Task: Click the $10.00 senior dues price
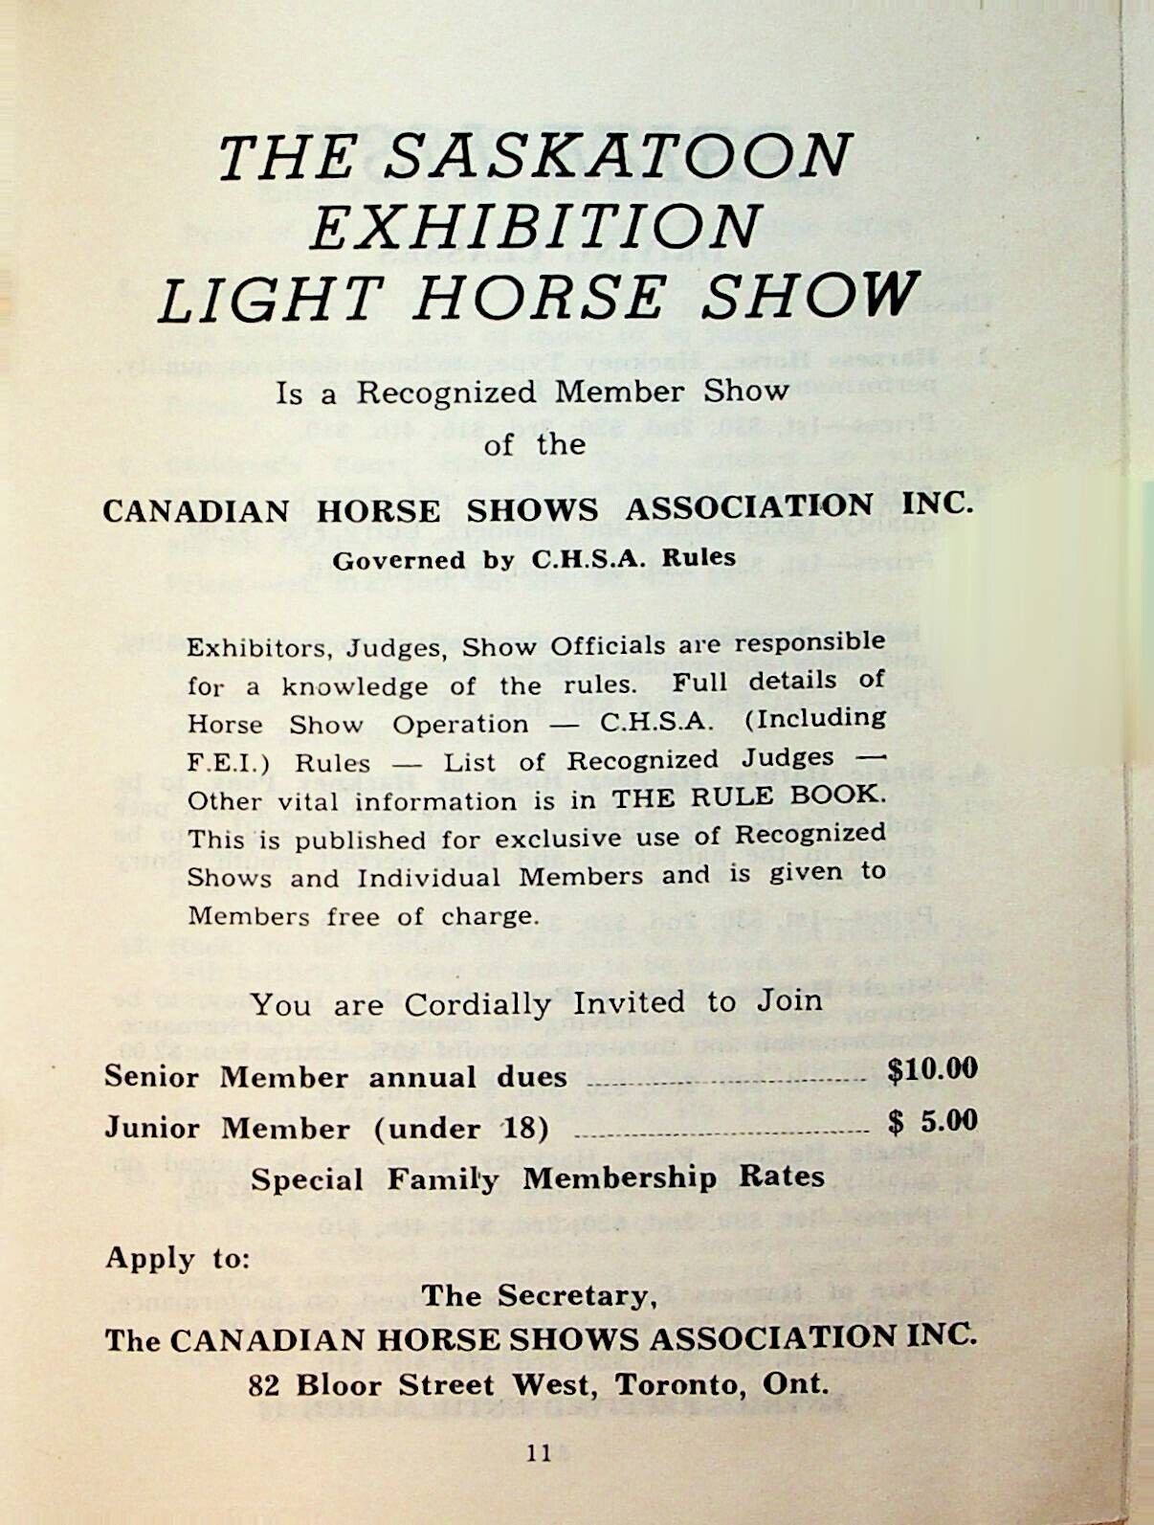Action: (x=932, y=1069)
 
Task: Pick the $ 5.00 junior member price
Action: (x=932, y=1121)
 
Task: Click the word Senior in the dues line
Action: (x=151, y=1076)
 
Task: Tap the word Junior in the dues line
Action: (x=152, y=1128)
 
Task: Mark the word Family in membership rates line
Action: (x=443, y=1178)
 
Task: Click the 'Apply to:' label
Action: (x=177, y=1257)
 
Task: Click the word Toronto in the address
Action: (x=681, y=1384)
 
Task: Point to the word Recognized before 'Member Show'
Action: (x=446, y=393)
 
